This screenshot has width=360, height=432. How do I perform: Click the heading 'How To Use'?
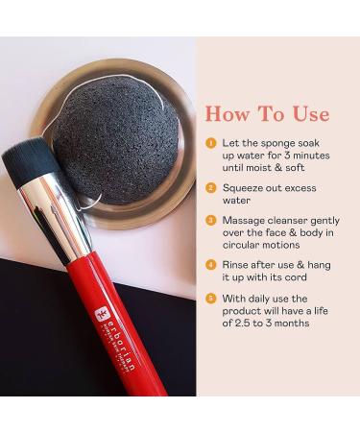(x=266, y=114)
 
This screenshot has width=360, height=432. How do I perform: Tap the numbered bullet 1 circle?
(x=210, y=142)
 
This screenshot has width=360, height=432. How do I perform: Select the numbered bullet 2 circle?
(x=210, y=188)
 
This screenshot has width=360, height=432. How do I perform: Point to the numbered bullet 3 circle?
(x=210, y=219)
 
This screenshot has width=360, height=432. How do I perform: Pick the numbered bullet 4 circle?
(x=210, y=264)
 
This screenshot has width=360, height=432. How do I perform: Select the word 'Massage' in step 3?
(x=245, y=219)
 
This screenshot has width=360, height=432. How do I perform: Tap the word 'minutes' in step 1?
(x=317, y=156)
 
